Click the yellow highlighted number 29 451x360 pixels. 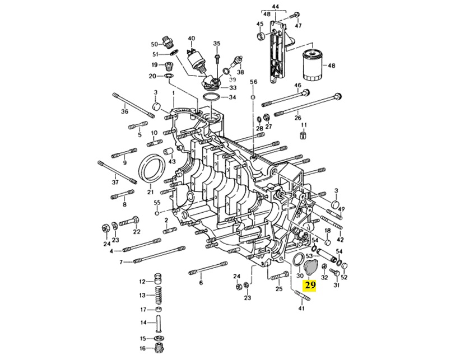point(309,285)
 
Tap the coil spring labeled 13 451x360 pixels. point(159,295)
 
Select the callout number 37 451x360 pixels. point(115,183)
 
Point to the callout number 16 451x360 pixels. point(142,348)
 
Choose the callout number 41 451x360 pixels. point(303,308)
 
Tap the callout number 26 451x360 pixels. point(298,118)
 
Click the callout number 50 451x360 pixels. point(155,44)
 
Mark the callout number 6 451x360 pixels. point(200,283)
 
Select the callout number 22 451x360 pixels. point(137,232)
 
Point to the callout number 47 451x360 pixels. point(299,26)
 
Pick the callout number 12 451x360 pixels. point(142,281)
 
